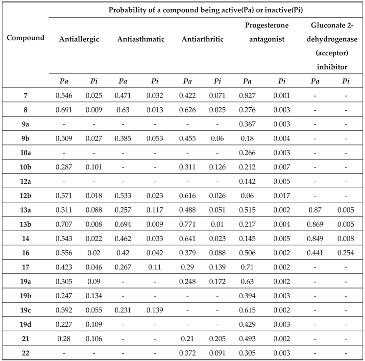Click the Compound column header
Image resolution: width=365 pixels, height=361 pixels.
[x=25, y=38]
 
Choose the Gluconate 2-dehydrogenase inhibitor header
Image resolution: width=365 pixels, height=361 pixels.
[x=330, y=45]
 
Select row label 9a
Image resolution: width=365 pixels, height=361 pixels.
[x=25, y=124]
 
